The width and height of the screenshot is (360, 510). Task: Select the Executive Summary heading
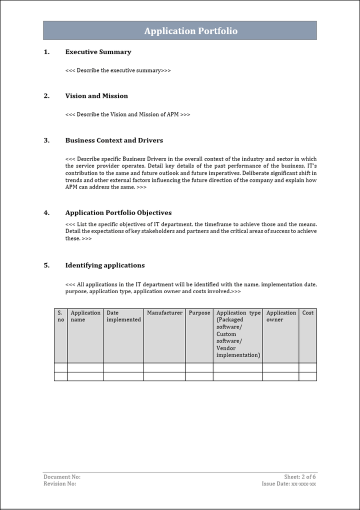pos(98,52)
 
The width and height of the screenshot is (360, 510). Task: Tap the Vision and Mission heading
pos(96,96)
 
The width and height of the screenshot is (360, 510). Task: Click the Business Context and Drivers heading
pos(114,140)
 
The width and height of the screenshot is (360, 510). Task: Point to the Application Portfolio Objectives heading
pos(118,212)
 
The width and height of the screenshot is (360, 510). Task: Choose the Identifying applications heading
pos(105,265)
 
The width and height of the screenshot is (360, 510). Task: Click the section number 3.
pos(46,140)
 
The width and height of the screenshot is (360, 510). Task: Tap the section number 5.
pos(46,265)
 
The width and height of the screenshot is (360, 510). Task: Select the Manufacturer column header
pos(164,313)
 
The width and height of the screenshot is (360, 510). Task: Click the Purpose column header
pos(199,313)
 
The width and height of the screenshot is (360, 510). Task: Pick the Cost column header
pos(307,313)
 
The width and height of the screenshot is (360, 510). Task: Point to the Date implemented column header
pos(123,316)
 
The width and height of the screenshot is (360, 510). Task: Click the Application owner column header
pos(281,316)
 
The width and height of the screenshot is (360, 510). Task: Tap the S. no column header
pos(60,316)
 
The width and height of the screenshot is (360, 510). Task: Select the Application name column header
pos(85,316)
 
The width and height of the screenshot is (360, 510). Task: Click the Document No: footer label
pos(62,477)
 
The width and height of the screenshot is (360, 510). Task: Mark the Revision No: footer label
pos(60,484)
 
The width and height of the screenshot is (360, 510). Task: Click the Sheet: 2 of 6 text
pos(300,477)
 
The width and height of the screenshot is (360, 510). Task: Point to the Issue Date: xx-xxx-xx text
pos(289,484)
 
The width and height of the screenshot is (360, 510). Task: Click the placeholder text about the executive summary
pos(118,70)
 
